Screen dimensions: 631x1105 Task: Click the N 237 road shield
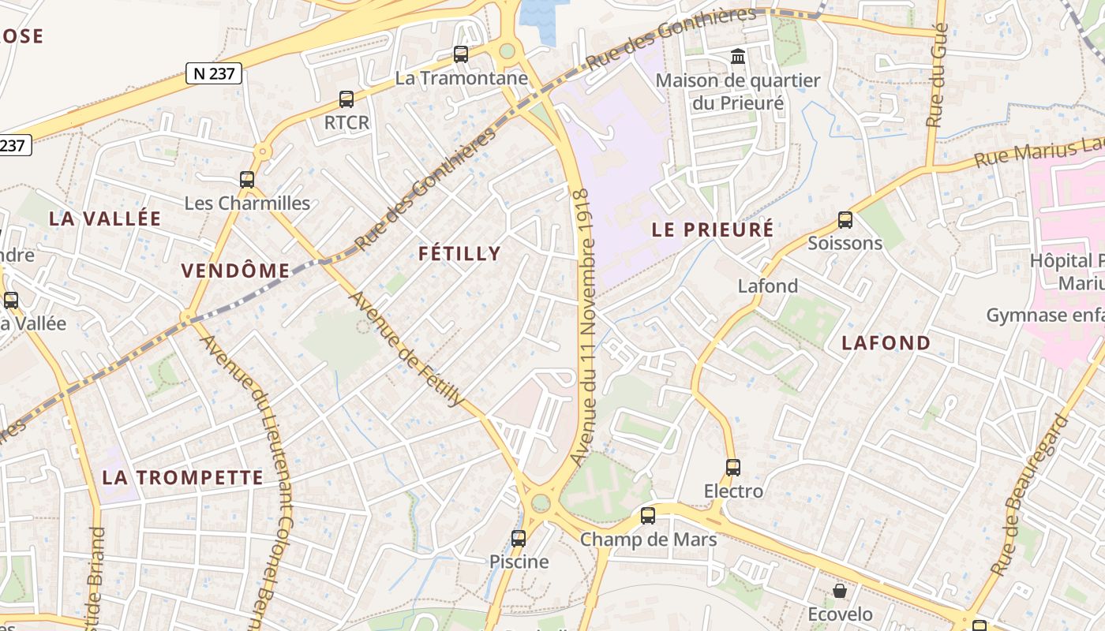tap(213, 73)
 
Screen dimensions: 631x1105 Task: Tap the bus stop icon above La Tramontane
tap(461, 54)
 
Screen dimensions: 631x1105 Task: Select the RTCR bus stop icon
tap(346, 99)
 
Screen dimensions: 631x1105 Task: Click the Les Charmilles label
tap(247, 203)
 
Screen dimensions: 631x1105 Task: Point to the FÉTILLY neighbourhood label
tap(459, 253)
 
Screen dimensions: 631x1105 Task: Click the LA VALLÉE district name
tap(105, 219)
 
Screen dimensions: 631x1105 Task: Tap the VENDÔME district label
tap(236, 271)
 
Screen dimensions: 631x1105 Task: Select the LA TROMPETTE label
tap(183, 477)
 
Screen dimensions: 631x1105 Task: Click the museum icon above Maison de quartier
tap(738, 56)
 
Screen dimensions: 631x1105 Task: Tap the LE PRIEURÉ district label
tap(713, 230)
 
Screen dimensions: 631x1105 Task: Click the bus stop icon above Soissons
tap(845, 220)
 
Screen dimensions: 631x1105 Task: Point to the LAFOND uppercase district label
tap(886, 342)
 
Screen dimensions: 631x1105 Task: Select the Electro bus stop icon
tap(733, 468)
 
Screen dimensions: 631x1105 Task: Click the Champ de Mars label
tap(648, 540)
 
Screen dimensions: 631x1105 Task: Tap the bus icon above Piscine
tap(519, 539)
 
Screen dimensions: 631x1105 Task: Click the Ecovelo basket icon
tap(840, 591)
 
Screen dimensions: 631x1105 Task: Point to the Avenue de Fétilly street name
tap(406, 349)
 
